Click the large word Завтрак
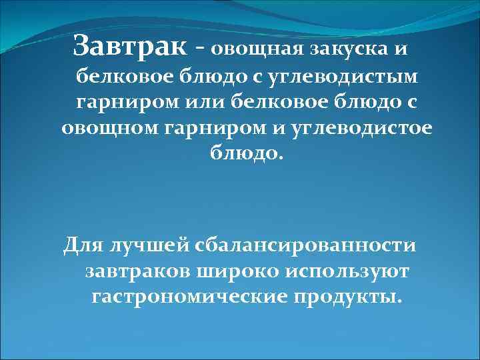(x=130, y=46)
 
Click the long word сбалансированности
(x=306, y=246)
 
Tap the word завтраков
(x=139, y=271)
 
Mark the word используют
(x=347, y=271)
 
